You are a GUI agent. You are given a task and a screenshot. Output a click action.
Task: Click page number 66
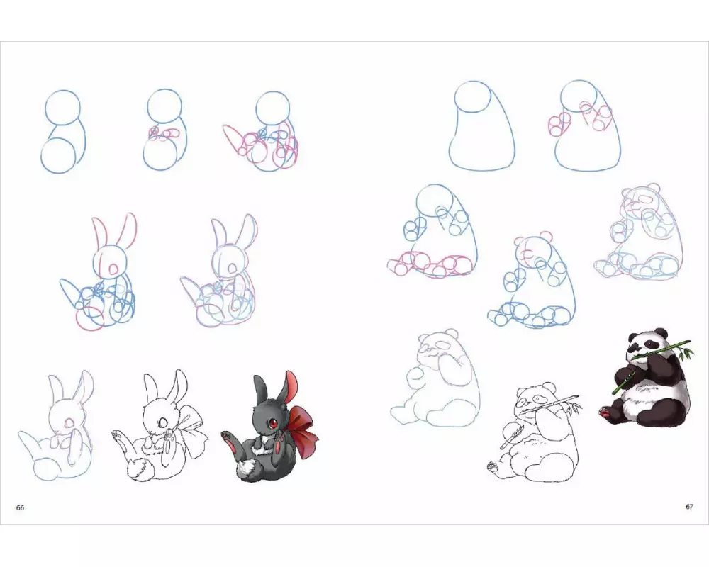[x=20, y=507]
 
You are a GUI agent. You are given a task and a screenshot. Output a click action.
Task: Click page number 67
[x=689, y=507]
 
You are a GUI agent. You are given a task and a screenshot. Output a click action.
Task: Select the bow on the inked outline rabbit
[x=191, y=427]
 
